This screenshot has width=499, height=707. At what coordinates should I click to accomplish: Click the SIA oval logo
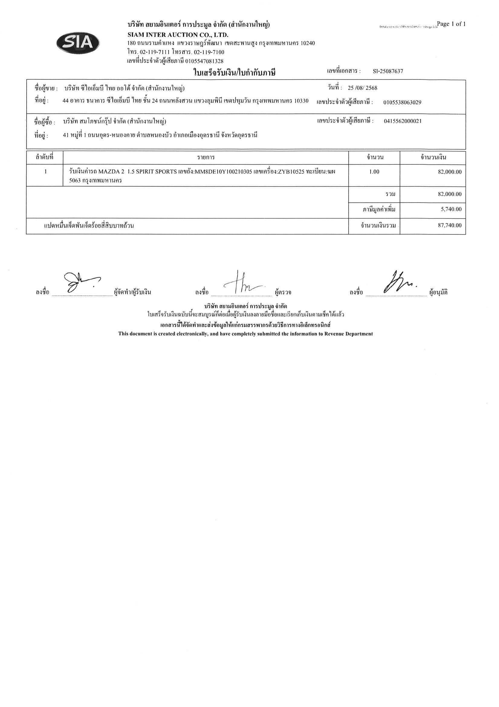click(x=78, y=43)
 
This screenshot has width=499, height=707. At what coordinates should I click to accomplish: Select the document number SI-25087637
click(x=388, y=71)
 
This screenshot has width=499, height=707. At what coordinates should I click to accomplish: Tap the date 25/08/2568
click(x=362, y=88)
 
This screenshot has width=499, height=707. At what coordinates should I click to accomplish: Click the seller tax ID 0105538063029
click(x=402, y=103)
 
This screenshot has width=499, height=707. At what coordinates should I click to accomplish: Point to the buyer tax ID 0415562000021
click(x=403, y=121)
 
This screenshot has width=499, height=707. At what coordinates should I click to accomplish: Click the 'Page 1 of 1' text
click(x=451, y=24)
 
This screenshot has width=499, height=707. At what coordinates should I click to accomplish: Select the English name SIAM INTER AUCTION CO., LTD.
click(x=178, y=35)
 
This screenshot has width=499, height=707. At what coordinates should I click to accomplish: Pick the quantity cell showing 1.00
click(x=374, y=172)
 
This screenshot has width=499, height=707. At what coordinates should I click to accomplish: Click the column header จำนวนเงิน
click(x=433, y=158)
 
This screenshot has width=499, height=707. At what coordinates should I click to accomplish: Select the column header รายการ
click(x=206, y=158)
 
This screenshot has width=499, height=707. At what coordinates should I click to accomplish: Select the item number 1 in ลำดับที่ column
click(x=46, y=172)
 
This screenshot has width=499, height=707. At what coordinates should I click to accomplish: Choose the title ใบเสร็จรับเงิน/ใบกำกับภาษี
click(x=234, y=73)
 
